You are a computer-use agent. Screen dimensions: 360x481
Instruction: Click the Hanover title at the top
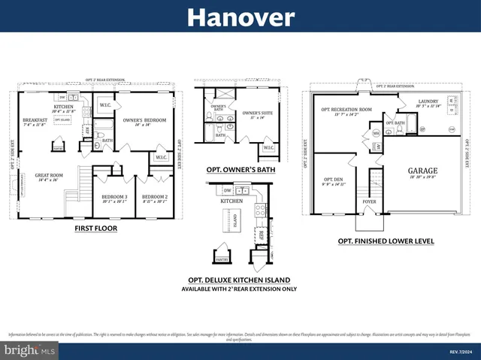tap(240, 16)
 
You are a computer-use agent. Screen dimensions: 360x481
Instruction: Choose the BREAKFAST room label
tap(35, 120)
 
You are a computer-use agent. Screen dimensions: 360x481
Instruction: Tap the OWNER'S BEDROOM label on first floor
tap(144, 120)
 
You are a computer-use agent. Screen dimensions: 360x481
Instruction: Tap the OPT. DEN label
tap(333, 180)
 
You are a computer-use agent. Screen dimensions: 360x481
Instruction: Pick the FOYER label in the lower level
tap(368, 201)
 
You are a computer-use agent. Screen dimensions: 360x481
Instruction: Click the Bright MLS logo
tap(29, 350)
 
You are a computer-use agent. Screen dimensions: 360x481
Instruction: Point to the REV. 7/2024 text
tap(459, 351)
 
